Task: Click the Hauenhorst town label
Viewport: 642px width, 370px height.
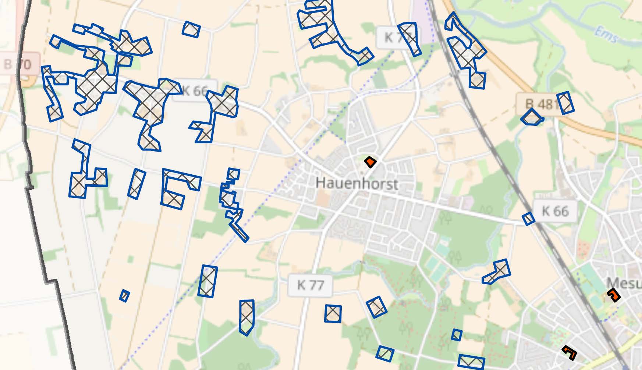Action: point(357,183)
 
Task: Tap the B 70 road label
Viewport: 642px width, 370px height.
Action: point(18,65)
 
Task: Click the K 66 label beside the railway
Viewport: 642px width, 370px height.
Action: point(555,211)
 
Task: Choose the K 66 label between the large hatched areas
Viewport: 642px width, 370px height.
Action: point(195,90)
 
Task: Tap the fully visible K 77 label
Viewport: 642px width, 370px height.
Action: point(310,285)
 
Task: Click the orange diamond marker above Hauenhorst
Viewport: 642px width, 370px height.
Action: point(370,162)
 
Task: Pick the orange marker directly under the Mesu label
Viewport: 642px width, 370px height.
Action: point(614,295)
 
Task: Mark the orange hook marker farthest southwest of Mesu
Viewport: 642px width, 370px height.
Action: point(570,352)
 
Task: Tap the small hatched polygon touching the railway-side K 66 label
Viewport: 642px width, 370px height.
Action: point(529,218)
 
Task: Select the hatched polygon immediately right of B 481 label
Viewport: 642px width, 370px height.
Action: point(565,103)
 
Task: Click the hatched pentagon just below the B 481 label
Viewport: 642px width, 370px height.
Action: point(532,118)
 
